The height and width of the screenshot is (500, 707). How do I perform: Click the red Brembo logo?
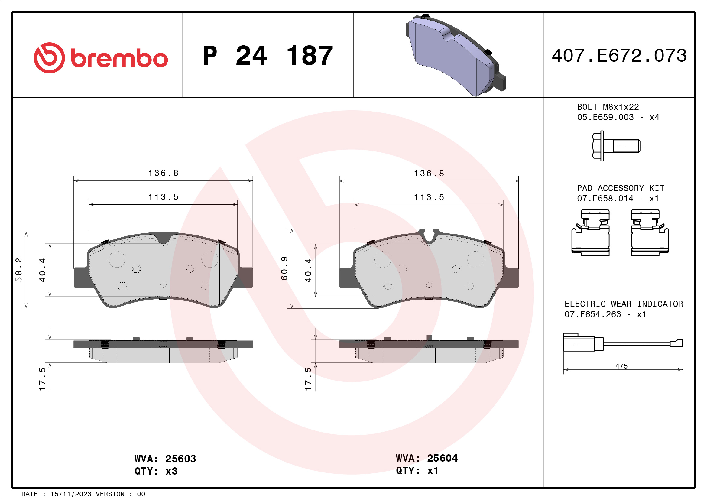click(x=101, y=58)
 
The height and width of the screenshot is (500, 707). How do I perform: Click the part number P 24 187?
click(x=268, y=56)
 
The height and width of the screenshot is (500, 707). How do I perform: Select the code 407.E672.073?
click(x=619, y=56)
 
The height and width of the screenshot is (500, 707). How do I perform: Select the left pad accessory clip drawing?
click(x=590, y=233)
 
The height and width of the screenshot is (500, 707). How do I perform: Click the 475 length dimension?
click(x=621, y=366)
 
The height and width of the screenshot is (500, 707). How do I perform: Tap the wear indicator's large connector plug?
click(x=579, y=342)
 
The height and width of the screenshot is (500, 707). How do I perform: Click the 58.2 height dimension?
click(x=19, y=270)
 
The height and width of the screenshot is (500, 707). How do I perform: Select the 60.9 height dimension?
click(x=284, y=268)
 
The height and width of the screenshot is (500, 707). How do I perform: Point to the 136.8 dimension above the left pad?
click(x=163, y=173)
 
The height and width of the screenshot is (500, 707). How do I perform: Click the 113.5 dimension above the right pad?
click(x=429, y=197)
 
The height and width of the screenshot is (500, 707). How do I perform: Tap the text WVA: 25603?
click(x=165, y=459)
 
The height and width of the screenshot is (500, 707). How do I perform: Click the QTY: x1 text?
click(x=417, y=470)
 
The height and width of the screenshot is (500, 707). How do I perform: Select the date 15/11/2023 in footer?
click(x=70, y=494)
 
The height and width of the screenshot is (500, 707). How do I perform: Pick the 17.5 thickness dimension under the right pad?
click(x=308, y=379)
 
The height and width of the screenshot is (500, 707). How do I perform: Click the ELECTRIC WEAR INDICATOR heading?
click(x=623, y=304)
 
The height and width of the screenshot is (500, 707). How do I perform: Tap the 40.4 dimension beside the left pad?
click(x=42, y=270)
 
